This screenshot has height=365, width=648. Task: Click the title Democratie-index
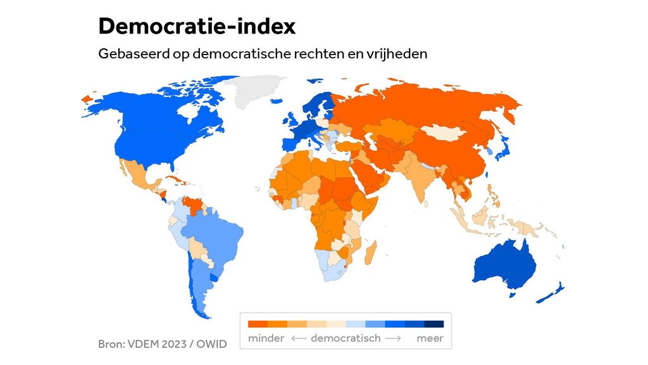[x=196, y=26]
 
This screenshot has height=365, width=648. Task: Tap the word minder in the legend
[x=266, y=338]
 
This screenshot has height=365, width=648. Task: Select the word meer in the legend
[x=430, y=338]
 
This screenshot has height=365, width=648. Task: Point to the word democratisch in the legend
[x=346, y=338]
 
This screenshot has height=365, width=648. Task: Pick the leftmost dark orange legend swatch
[x=258, y=324]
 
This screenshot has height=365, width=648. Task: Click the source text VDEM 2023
[x=155, y=344]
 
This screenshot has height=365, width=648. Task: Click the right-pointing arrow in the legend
[x=393, y=338]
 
